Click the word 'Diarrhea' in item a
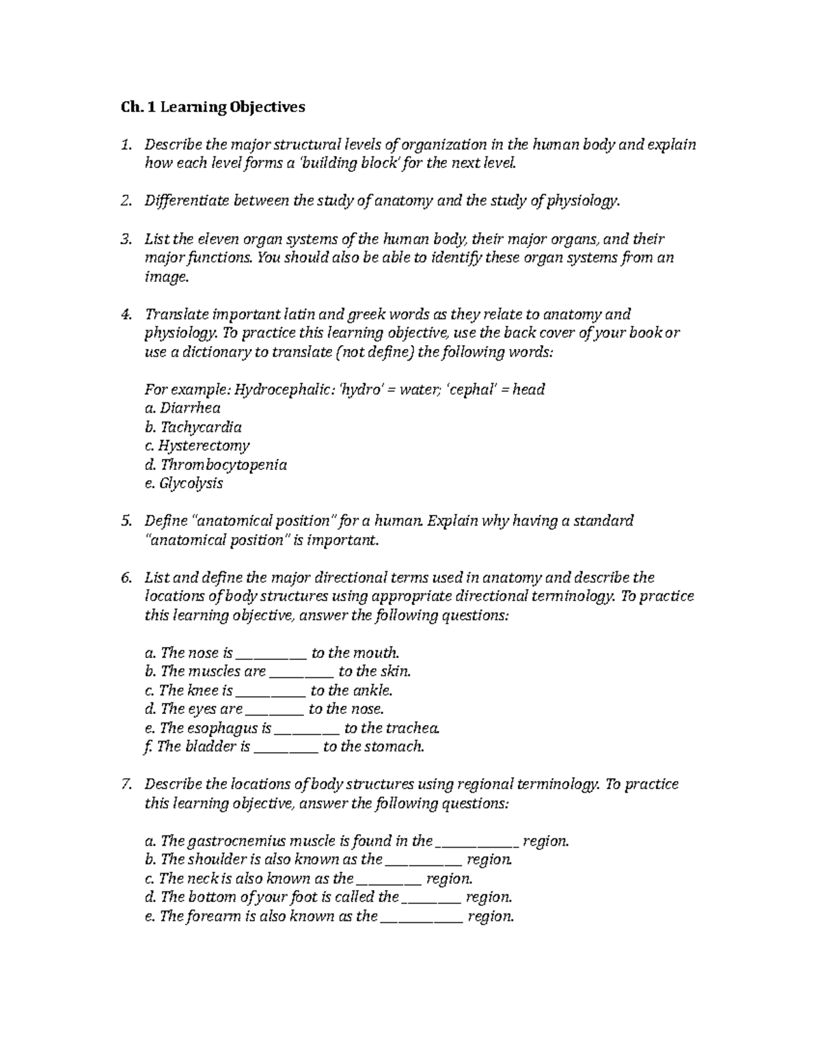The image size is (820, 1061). pos(190,409)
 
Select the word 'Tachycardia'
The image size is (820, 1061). pos(201,428)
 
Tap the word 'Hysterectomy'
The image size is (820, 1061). pos(204,446)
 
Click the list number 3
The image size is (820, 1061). pos(124,239)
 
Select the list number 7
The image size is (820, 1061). pos(124,784)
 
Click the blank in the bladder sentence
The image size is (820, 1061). pos(286,748)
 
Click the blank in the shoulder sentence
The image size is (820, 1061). pos(424,861)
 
